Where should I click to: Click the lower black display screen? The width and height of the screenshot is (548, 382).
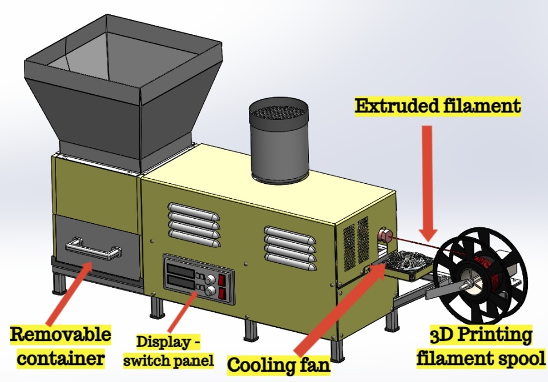click(180, 283)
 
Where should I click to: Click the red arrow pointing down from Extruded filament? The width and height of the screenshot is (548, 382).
click(426, 183)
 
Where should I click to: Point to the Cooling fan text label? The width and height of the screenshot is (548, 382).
click(279, 364)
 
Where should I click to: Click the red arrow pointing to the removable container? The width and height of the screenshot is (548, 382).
click(63, 291)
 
